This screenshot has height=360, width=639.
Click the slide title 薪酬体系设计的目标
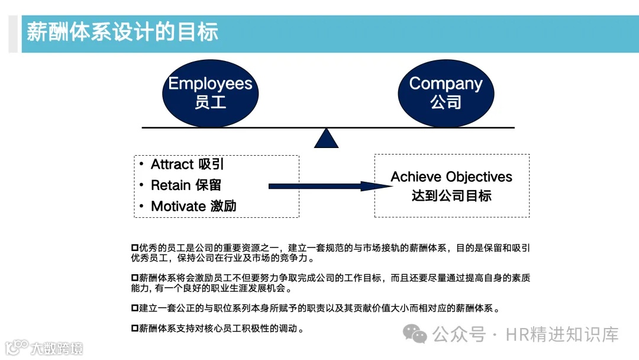pyautogui.click(x=122, y=32)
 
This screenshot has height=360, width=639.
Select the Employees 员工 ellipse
pyautogui.click(x=210, y=93)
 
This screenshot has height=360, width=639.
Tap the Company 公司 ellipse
pyautogui.click(x=446, y=93)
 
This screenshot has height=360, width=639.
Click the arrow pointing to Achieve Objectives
pyautogui.click(x=329, y=186)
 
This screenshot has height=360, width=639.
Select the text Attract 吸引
pyautogui.click(x=187, y=164)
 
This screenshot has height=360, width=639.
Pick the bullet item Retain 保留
pyautogui.click(x=186, y=185)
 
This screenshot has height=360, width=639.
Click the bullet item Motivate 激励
pyautogui.click(x=193, y=206)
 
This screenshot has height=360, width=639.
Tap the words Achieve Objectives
pyautogui.click(x=451, y=176)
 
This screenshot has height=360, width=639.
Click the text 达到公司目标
pyautogui.click(x=451, y=195)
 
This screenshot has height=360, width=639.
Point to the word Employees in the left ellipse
pyautogui.click(x=210, y=83)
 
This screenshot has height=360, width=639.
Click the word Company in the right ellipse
pyautogui.click(x=446, y=83)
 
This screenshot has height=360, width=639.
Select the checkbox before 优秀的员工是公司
pyautogui.click(x=134, y=247)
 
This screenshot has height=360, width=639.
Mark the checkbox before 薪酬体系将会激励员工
pyautogui.click(x=134, y=278)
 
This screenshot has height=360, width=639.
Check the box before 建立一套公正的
pyautogui.click(x=134, y=308)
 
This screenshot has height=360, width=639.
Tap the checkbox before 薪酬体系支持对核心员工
pyautogui.click(x=134, y=328)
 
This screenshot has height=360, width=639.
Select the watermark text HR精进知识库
pyautogui.click(x=561, y=335)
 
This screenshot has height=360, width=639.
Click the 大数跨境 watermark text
pyautogui.click(x=57, y=348)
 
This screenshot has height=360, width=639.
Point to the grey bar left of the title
pyautogui.click(x=13, y=34)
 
